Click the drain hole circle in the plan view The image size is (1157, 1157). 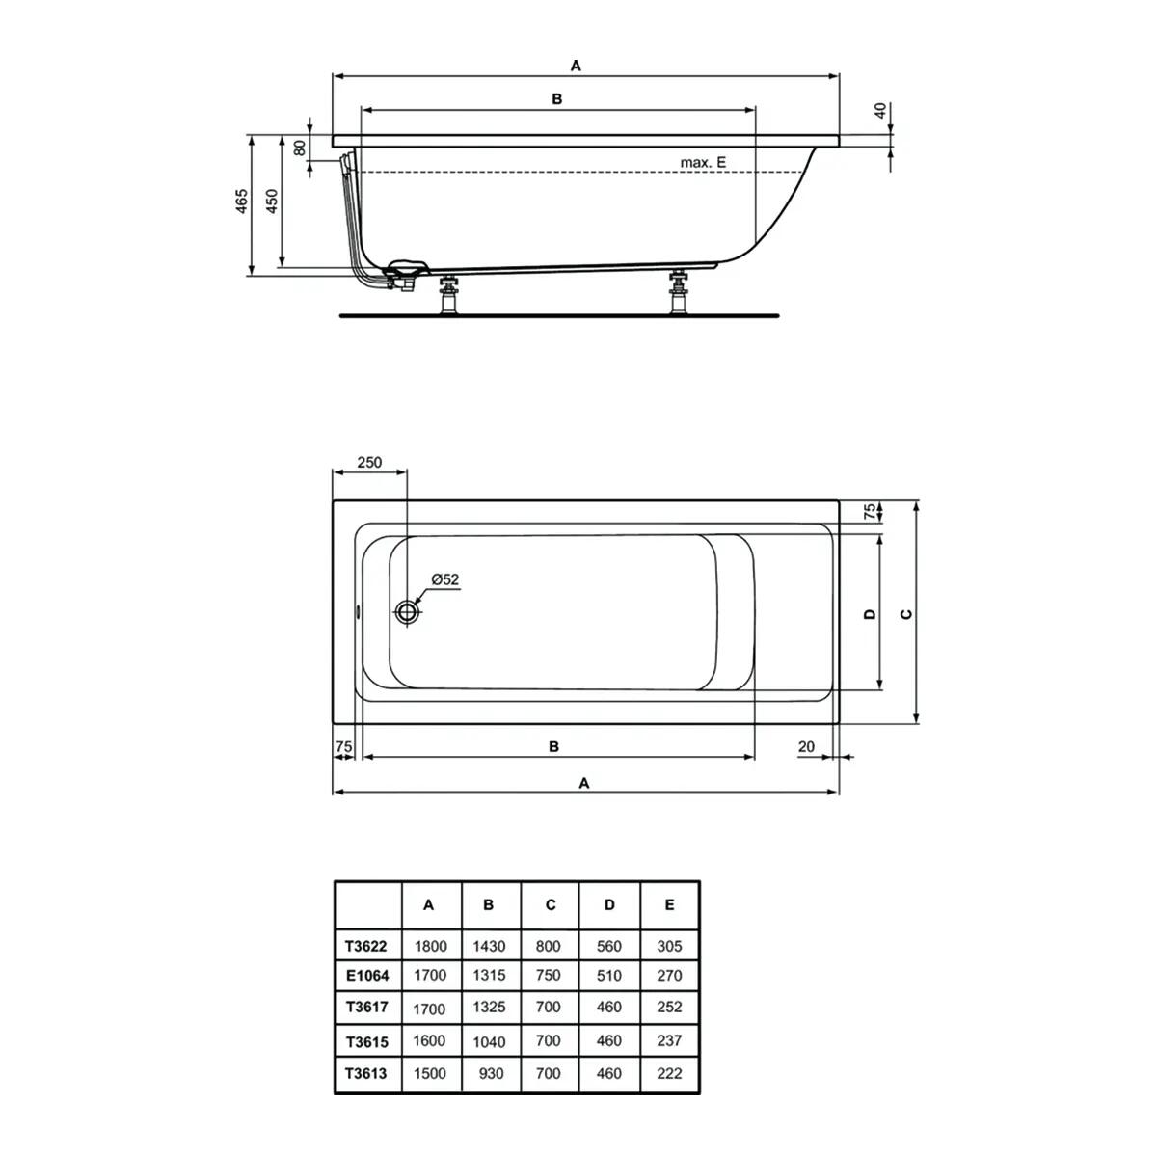tap(407, 612)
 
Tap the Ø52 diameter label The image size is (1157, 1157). tap(444, 578)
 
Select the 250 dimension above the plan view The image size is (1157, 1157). tap(369, 462)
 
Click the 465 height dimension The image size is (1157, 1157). tap(241, 202)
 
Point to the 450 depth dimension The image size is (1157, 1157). tap(272, 202)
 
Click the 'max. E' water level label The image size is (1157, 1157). tap(703, 162)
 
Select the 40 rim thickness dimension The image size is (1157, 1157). tap(880, 111)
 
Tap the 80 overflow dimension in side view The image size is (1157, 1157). tap(300, 148)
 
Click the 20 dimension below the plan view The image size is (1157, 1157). tap(806, 746)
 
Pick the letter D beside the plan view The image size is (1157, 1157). tap(870, 613)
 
